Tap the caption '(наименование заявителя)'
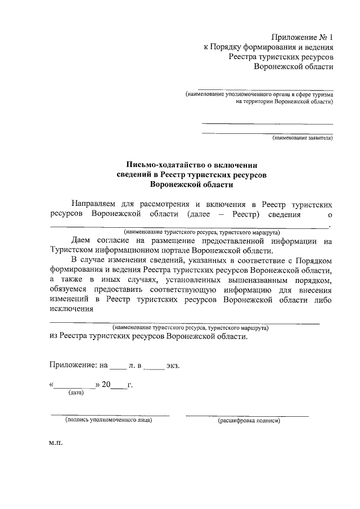click(303, 137)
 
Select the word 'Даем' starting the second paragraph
click(83, 241)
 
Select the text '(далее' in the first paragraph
click(194, 214)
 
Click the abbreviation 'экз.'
click(173, 366)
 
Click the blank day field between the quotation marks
click(75, 386)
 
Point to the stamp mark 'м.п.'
click(56, 443)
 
